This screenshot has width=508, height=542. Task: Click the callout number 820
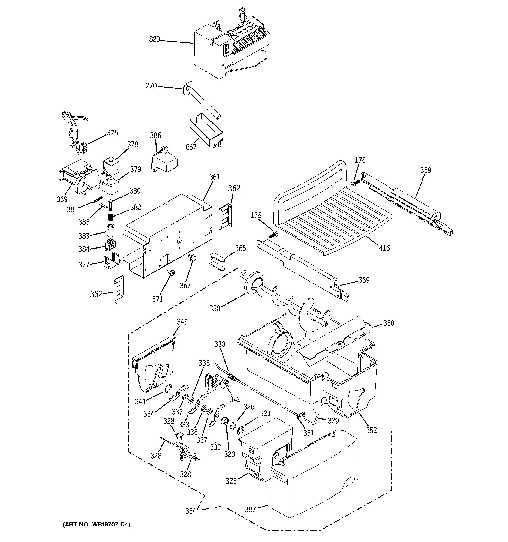point(154,39)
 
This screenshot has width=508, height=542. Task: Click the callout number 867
point(191,147)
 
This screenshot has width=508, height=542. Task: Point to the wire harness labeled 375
point(74,131)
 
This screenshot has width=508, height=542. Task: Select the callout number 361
point(214,177)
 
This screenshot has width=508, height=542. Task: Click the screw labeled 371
point(171,272)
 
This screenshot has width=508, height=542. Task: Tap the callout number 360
point(389,323)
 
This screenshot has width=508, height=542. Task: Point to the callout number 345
point(182,322)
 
